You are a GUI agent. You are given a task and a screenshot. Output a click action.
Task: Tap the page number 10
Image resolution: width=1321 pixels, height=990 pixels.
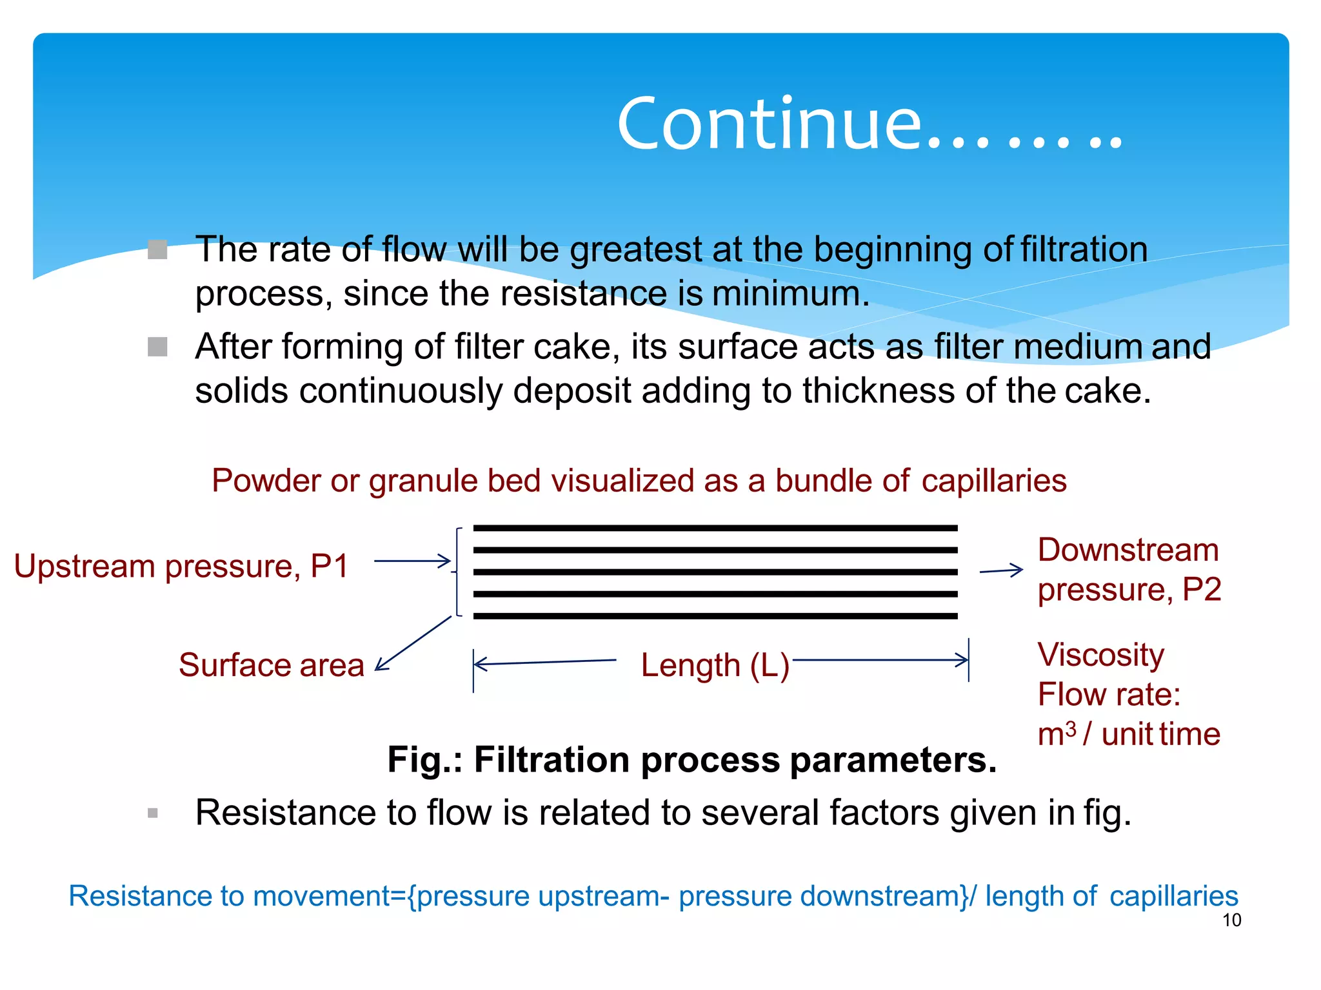pyautogui.click(x=1231, y=920)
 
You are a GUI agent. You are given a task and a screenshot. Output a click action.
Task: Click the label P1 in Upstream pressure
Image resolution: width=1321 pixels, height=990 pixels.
pyautogui.click(x=329, y=567)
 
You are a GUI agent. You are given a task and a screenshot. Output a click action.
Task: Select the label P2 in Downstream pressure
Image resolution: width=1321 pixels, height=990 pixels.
pyautogui.click(x=1201, y=590)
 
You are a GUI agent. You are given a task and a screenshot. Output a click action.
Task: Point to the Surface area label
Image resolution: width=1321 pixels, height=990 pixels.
pyautogui.click(x=272, y=665)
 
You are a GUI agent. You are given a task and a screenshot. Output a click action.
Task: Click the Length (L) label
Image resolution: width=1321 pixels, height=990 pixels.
pyautogui.click(x=715, y=665)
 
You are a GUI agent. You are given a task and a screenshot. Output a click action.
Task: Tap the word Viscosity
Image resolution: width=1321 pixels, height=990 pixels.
pyautogui.click(x=1100, y=655)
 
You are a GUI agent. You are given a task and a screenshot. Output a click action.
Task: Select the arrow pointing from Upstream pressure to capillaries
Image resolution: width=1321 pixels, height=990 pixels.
pyautogui.click(x=412, y=561)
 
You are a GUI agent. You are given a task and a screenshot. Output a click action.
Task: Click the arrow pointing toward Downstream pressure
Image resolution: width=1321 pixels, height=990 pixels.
pyautogui.click(x=1001, y=570)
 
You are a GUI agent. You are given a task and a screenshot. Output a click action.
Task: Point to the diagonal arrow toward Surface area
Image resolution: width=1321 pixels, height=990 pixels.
pyautogui.click(x=413, y=644)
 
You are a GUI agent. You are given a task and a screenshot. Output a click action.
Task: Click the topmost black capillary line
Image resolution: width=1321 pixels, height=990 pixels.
pyautogui.click(x=715, y=528)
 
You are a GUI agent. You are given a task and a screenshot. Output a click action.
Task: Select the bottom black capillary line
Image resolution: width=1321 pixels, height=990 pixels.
pyautogui.click(x=715, y=616)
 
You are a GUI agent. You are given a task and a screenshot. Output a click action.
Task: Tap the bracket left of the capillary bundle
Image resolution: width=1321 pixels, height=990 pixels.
pyautogui.click(x=457, y=572)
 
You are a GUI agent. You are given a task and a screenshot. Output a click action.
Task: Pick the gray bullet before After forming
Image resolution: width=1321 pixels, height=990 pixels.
pyautogui.click(x=157, y=347)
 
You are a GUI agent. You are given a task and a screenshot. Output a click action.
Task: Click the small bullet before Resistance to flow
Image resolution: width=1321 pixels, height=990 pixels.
pyautogui.click(x=153, y=813)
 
